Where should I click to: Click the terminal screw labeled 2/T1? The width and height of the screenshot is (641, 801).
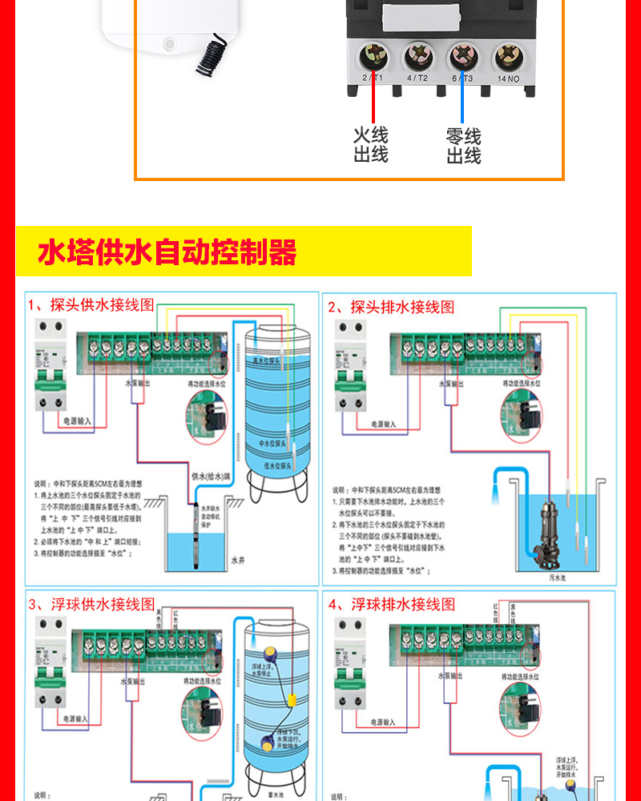click(x=373, y=57)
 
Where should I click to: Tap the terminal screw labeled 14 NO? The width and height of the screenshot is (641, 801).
click(x=508, y=57)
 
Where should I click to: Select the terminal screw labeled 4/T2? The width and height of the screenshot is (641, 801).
click(x=418, y=57)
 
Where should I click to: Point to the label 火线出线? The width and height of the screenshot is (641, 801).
click(x=371, y=145)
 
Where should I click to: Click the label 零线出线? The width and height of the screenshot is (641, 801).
click(x=463, y=146)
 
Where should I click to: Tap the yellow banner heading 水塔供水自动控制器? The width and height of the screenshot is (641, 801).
click(x=167, y=252)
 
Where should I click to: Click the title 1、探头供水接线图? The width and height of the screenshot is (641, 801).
click(x=91, y=306)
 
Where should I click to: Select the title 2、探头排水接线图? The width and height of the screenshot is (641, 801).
click(x=391, y=307)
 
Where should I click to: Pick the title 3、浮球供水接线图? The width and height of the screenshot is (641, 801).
click(x=91, y=604)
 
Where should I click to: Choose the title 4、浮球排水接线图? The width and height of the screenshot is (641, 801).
click(x=392, y=604)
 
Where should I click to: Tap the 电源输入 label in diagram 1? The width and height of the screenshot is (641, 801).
click(x=78, y=420)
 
